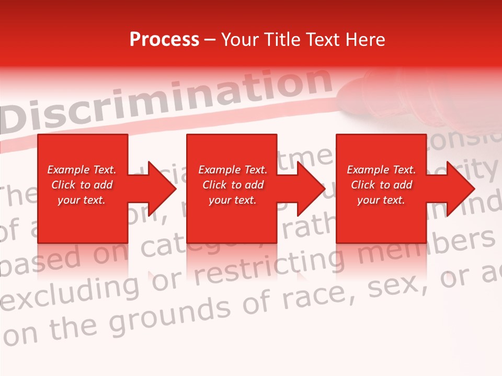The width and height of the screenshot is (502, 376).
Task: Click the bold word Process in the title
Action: coord(164,40)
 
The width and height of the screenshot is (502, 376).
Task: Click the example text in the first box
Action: coord(82,185)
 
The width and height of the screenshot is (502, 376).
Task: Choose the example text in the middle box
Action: coord(233,185)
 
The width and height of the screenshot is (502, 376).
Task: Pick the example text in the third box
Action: coord(381,185)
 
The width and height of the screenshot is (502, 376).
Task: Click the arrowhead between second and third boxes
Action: coord(312,189)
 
